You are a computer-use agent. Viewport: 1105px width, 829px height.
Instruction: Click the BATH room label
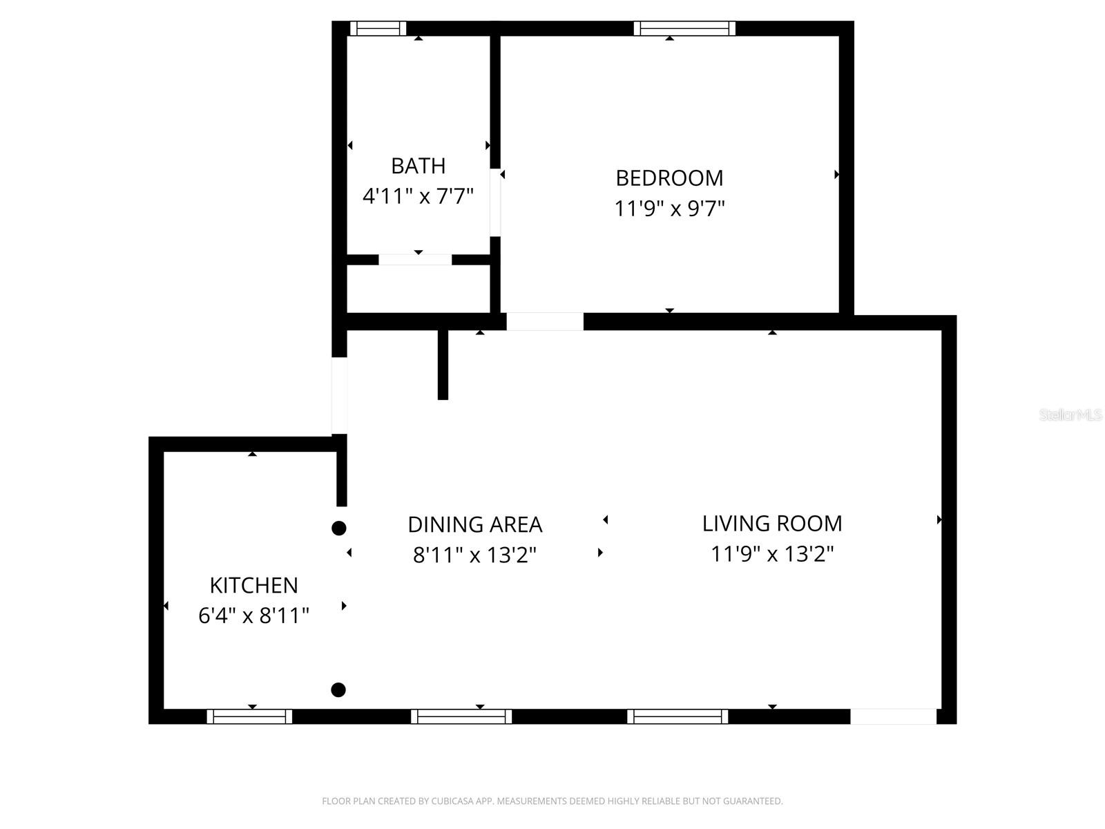coord(418,166)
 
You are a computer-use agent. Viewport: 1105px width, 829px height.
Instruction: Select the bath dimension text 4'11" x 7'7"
coord(418,196)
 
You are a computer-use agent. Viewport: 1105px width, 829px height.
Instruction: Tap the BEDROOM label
coord(669,178)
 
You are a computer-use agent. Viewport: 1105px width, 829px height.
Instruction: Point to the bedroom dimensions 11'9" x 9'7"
coord(669,208)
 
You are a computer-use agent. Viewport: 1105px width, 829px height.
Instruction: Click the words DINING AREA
coord(474,525)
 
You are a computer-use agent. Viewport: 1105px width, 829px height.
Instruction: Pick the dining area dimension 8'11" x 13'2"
coord(474,555)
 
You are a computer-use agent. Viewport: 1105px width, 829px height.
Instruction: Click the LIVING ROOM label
coord(772,524)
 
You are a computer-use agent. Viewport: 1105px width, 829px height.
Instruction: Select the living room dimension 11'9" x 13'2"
coord(772,553)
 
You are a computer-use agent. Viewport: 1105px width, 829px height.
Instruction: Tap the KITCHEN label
coord(253,586)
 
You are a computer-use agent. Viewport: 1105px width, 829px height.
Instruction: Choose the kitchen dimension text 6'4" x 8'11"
coord(253,616)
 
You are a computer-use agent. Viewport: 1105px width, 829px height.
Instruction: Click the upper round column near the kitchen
coord(338,528)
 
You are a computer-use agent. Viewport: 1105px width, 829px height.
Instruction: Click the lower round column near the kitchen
coord(338,689)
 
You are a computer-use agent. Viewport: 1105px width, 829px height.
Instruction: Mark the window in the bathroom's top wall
coord(378,28)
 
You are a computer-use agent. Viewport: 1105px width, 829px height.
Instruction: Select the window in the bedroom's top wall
coord(684,28)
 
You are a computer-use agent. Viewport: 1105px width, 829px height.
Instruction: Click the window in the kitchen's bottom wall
coord(249,716)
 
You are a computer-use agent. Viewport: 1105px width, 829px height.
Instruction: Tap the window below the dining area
coord(461,716)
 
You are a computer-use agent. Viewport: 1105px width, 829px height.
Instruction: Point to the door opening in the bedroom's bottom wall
coord(545,321)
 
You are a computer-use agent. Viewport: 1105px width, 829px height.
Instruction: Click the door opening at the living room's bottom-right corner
coord(893,716)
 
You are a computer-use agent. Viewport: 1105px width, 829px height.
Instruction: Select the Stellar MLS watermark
coord(1070,415)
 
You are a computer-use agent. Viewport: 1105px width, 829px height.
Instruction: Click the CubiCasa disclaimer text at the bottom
coord(552,801)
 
